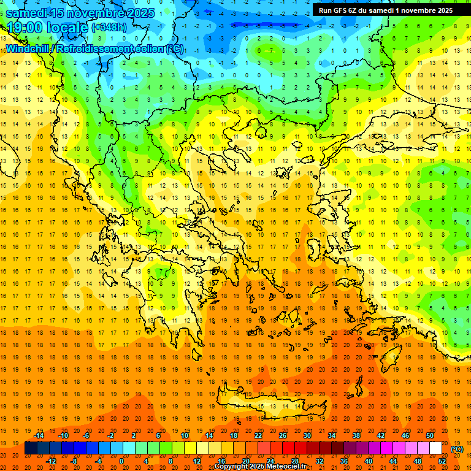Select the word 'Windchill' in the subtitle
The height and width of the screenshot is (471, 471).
(30, 48)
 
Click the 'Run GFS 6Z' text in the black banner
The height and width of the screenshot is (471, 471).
(340, 10)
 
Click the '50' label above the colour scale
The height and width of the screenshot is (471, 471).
(429, 435)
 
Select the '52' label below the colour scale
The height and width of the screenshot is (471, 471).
(442, 461)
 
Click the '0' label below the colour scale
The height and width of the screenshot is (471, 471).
(121, 461)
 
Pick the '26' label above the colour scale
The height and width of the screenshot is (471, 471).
(283, 435)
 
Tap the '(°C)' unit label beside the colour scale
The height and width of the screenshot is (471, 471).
(457, 449)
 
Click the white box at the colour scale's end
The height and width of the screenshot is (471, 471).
(435, 448)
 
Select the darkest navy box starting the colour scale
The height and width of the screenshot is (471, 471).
(31, 448)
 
